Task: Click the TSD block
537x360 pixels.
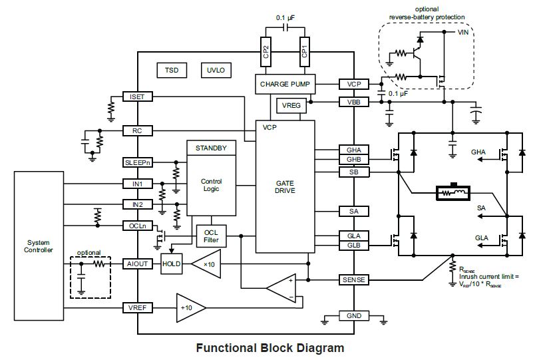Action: pos(172,70)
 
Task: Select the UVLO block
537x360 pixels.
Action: pos(216,70)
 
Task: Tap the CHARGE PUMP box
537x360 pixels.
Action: pos(284,84)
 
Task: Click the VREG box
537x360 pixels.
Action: pos(291,104)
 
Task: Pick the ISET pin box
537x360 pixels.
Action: pos(137,97)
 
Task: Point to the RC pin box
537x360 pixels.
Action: pos(137,130)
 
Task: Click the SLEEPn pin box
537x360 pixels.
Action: pos(137,162)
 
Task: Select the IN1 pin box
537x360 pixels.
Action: pos(137,183)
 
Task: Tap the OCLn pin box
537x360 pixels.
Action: pos(137,226)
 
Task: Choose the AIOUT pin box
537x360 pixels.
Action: pos(137,264)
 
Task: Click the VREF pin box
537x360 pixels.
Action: pos(137,307)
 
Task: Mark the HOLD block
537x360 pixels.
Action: pos(172,264)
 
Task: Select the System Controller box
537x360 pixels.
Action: pos(38,246)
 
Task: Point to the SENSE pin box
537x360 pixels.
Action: pos(353,279)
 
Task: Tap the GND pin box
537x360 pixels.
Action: pos(353,315)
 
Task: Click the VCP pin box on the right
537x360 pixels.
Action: pos(353,85)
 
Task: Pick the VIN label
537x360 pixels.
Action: pos(464,31)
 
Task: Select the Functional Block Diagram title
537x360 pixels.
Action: pos(269,347)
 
